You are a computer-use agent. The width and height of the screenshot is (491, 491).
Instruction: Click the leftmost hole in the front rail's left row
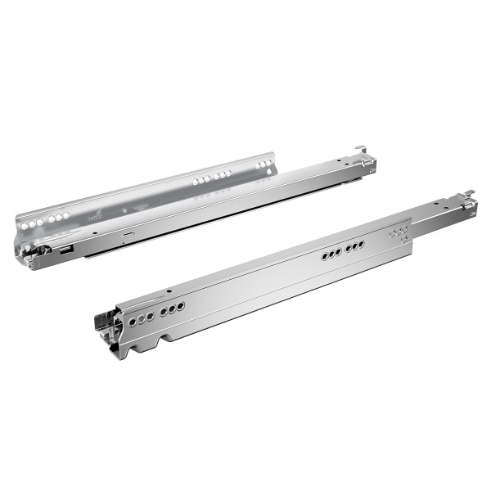(128, 321)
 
